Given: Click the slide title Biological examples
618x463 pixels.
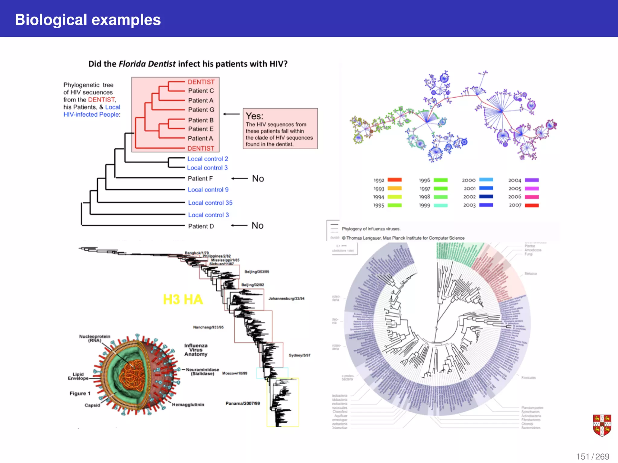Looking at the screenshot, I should point(88,20).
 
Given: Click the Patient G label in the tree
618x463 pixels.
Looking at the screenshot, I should point(201,110).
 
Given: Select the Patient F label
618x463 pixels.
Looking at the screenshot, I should point(200,178).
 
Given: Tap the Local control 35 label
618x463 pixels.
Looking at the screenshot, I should point(210,203).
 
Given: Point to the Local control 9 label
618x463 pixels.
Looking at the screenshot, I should point(208,190).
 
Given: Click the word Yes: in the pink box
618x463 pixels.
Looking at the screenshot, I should point(254,116).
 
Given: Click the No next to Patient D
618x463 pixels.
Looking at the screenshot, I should point(257,225).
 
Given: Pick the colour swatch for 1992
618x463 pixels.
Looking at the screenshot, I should point(394,180).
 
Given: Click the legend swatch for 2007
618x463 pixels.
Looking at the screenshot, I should point(531,205).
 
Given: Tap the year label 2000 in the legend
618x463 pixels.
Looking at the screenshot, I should point(469,180).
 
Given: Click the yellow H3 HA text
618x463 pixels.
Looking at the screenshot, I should point(183,299).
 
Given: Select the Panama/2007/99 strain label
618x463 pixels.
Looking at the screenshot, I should point(243,403).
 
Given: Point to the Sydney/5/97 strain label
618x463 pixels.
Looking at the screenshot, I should point(299,355).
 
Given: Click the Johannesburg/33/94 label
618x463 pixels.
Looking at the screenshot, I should point(286,298).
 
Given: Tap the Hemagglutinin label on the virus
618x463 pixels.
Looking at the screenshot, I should point(188,405).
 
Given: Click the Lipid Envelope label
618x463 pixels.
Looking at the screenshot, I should point(78,376).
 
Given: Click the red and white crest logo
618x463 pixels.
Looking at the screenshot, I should point(602,425).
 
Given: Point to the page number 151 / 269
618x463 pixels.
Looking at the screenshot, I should point(592,456).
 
